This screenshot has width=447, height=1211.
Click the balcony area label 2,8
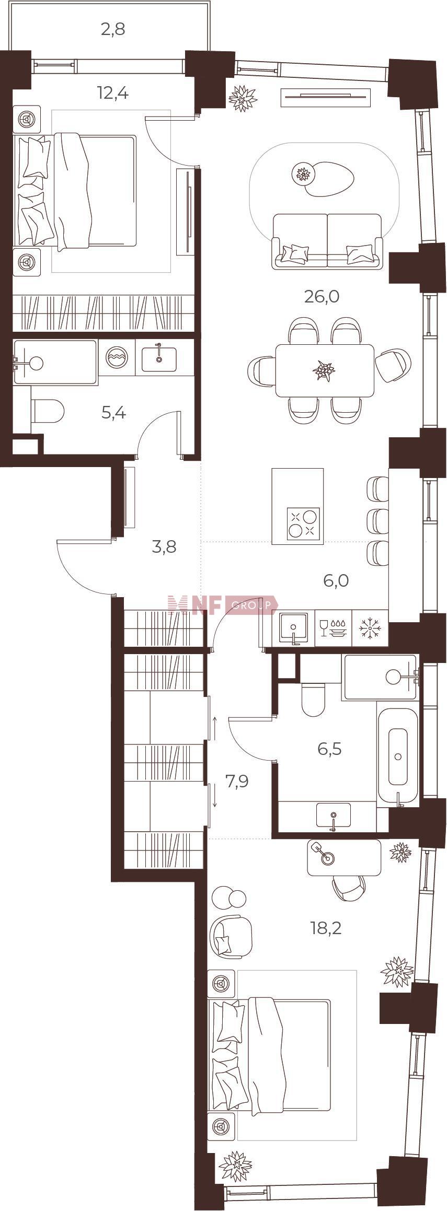(x=113, y=29)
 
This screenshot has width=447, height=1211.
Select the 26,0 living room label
(x=322, y=297)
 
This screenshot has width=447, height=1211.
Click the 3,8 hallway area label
(x=164, y=547)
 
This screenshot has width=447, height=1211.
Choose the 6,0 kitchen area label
(x=336, y=580)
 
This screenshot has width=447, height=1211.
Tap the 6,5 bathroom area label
(x=329, y=749)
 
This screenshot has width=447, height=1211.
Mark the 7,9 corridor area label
(x=236, y=782)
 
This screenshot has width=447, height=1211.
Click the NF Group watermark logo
(x=223, y=605)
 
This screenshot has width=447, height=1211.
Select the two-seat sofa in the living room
(x=327, y=241)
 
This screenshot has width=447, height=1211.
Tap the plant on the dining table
(x=324, y=371)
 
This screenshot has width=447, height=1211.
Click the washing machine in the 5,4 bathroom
(x=116, y=357)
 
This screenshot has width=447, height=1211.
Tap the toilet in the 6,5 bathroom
(x=314, y=700)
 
